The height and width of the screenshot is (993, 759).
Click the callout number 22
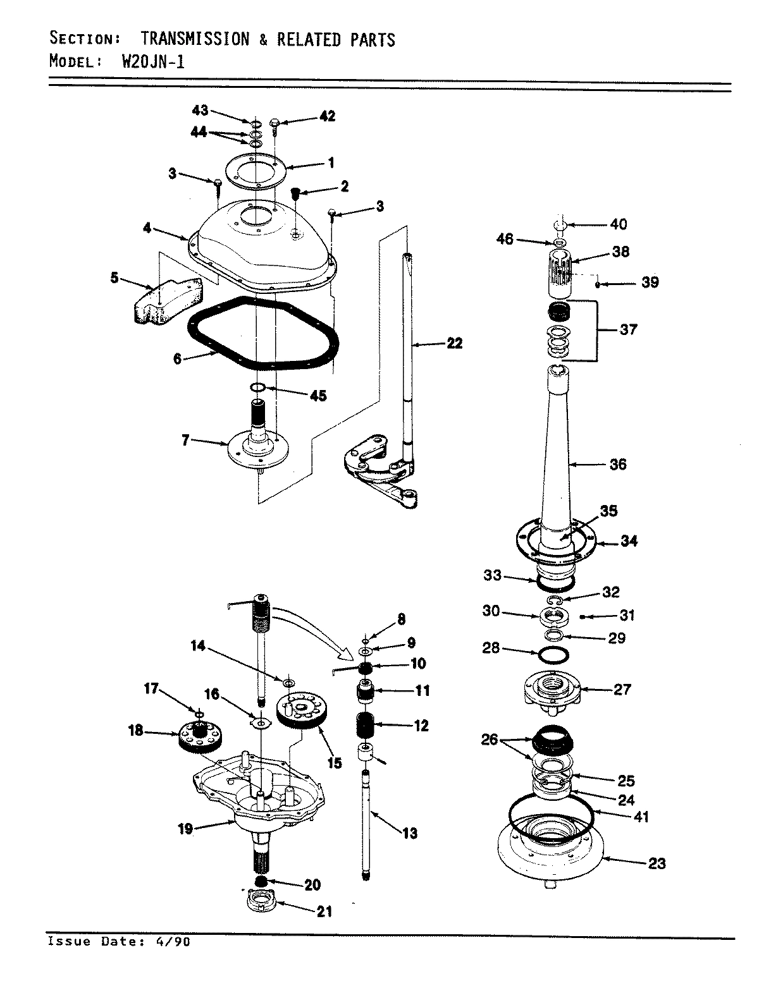[x=454, y=343]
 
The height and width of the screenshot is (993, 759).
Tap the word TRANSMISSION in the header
[x=195, y=39]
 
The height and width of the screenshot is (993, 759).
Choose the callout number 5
[x=114, y=277]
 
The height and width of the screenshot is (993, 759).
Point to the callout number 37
[x=628, y=329]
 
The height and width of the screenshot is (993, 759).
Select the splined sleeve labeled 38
[x=559, y=272]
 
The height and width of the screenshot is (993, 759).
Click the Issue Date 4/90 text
[x=118, y=941]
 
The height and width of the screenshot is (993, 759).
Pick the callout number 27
[x=622, y=689]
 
